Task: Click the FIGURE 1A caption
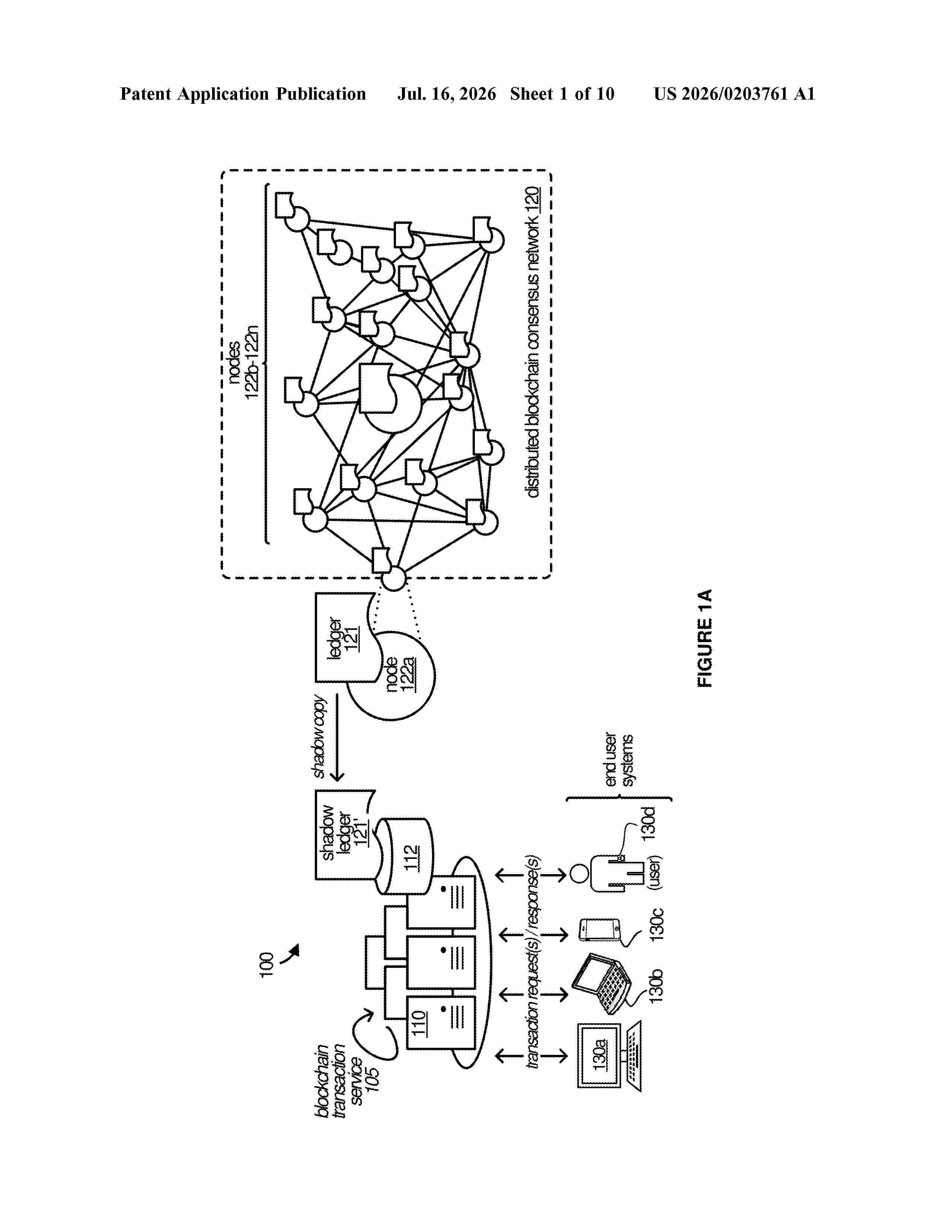point(704,638)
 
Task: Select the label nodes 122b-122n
point(243,363)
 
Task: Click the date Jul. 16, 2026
point(447,94)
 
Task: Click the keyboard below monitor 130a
point(634,1056)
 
